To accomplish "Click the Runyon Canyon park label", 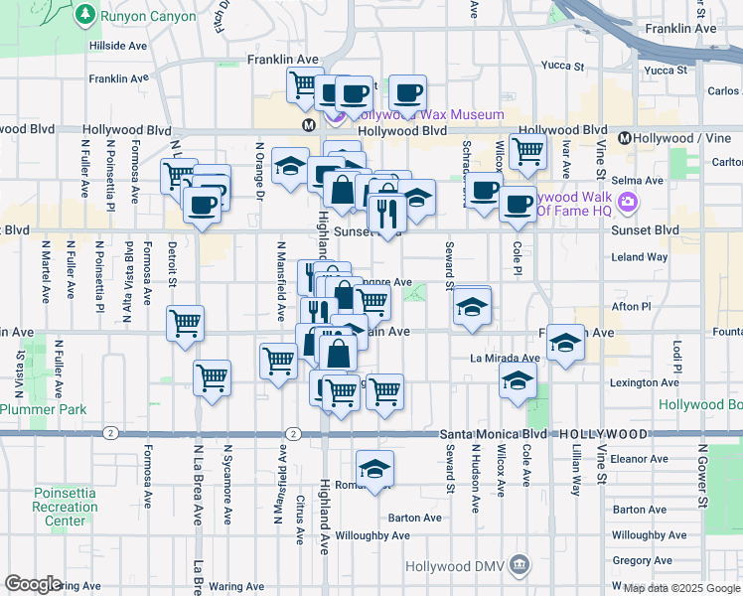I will pyautogui.click(x=134, y=16).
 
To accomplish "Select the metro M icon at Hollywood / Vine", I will pyautogui.click(x=626, y=138).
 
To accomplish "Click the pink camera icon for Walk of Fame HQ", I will pyautogui.click(x=626, y=205).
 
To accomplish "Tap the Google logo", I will pyautogui.click(x=32, y=584).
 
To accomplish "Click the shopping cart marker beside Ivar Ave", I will pyautogui.click(x=527, y=151).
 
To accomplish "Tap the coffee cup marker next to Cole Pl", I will pyautogui.click(x=518, y=204).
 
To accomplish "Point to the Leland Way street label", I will pyautogui.click(x=641, y=256).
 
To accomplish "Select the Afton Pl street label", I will pyautogui.click(x=631, y=307).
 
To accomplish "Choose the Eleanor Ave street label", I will pyautogui.click(x=639, y=459).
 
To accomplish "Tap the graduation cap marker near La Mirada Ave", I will pyautogui.click(x=518, y=380).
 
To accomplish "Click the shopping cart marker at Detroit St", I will pyautogui.click(x=185, y=323).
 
